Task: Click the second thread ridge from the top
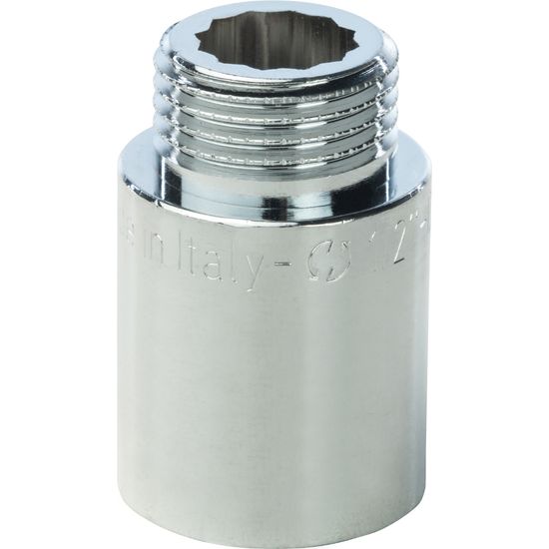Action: [x=274, y=114]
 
